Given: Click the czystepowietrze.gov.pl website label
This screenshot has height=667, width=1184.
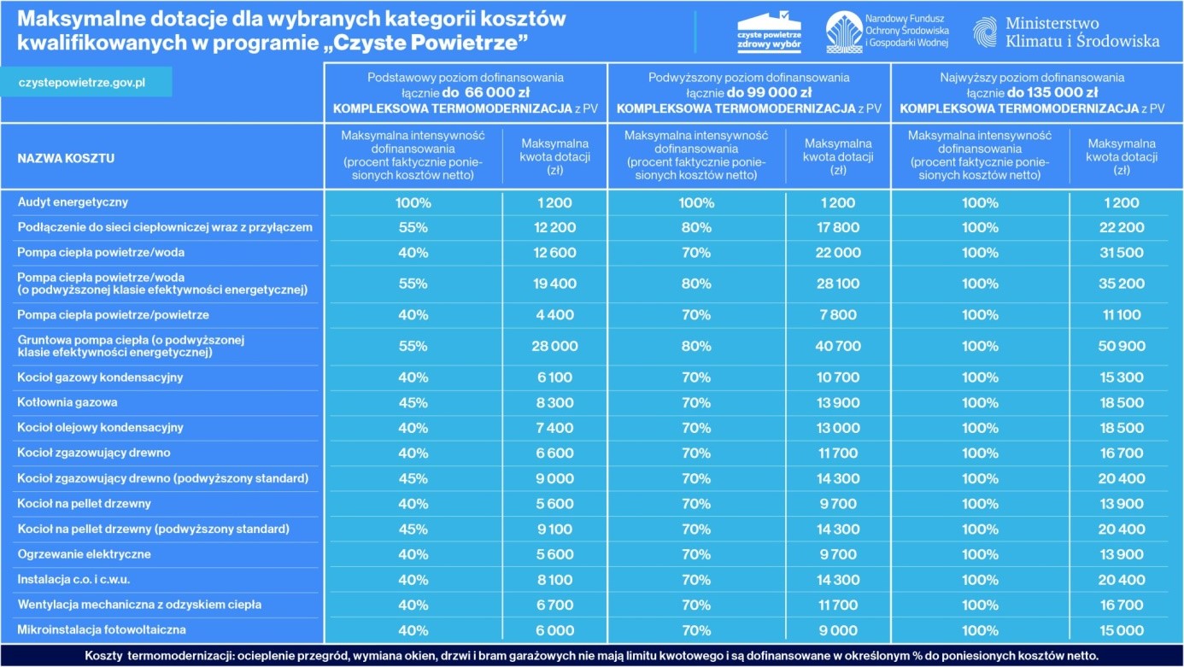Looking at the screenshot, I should (x=82, y=82).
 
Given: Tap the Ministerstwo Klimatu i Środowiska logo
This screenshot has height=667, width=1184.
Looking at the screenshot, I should (x=1065, y=32).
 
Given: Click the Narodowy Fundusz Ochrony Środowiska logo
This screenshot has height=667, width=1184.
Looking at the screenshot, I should (x=886, y=32).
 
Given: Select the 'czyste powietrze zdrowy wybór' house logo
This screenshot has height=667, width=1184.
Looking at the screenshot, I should (x=769, y=32).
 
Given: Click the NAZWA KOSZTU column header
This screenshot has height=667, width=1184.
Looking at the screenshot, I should (x=66, y=158).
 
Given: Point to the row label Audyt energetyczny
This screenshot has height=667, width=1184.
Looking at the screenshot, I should (x=73, y=202).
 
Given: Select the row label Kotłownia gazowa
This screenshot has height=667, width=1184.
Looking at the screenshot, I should (x=67, y=402).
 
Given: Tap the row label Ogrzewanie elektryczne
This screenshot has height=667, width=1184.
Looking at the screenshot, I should (x=85, y=554).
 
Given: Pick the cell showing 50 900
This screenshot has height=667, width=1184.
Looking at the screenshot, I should (x=1121, y=346).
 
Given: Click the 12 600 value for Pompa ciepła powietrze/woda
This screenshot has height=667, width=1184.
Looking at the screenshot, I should (x=554, y=253).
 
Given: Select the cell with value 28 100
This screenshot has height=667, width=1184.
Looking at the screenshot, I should (x=837, y=284).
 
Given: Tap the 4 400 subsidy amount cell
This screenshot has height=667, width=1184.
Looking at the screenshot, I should (x=554, y=315).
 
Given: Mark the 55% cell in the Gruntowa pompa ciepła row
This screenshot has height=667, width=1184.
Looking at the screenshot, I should (x=413, y=346).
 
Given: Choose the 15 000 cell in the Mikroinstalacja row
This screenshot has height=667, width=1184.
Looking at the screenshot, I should (x=1121, y=630).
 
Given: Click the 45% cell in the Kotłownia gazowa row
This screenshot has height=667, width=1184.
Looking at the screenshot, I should (x=413, y=402).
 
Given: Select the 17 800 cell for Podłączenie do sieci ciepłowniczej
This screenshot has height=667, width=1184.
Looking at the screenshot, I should (x=837, y=227).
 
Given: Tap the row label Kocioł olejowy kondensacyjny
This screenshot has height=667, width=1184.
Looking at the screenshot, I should (x=101, y=428).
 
